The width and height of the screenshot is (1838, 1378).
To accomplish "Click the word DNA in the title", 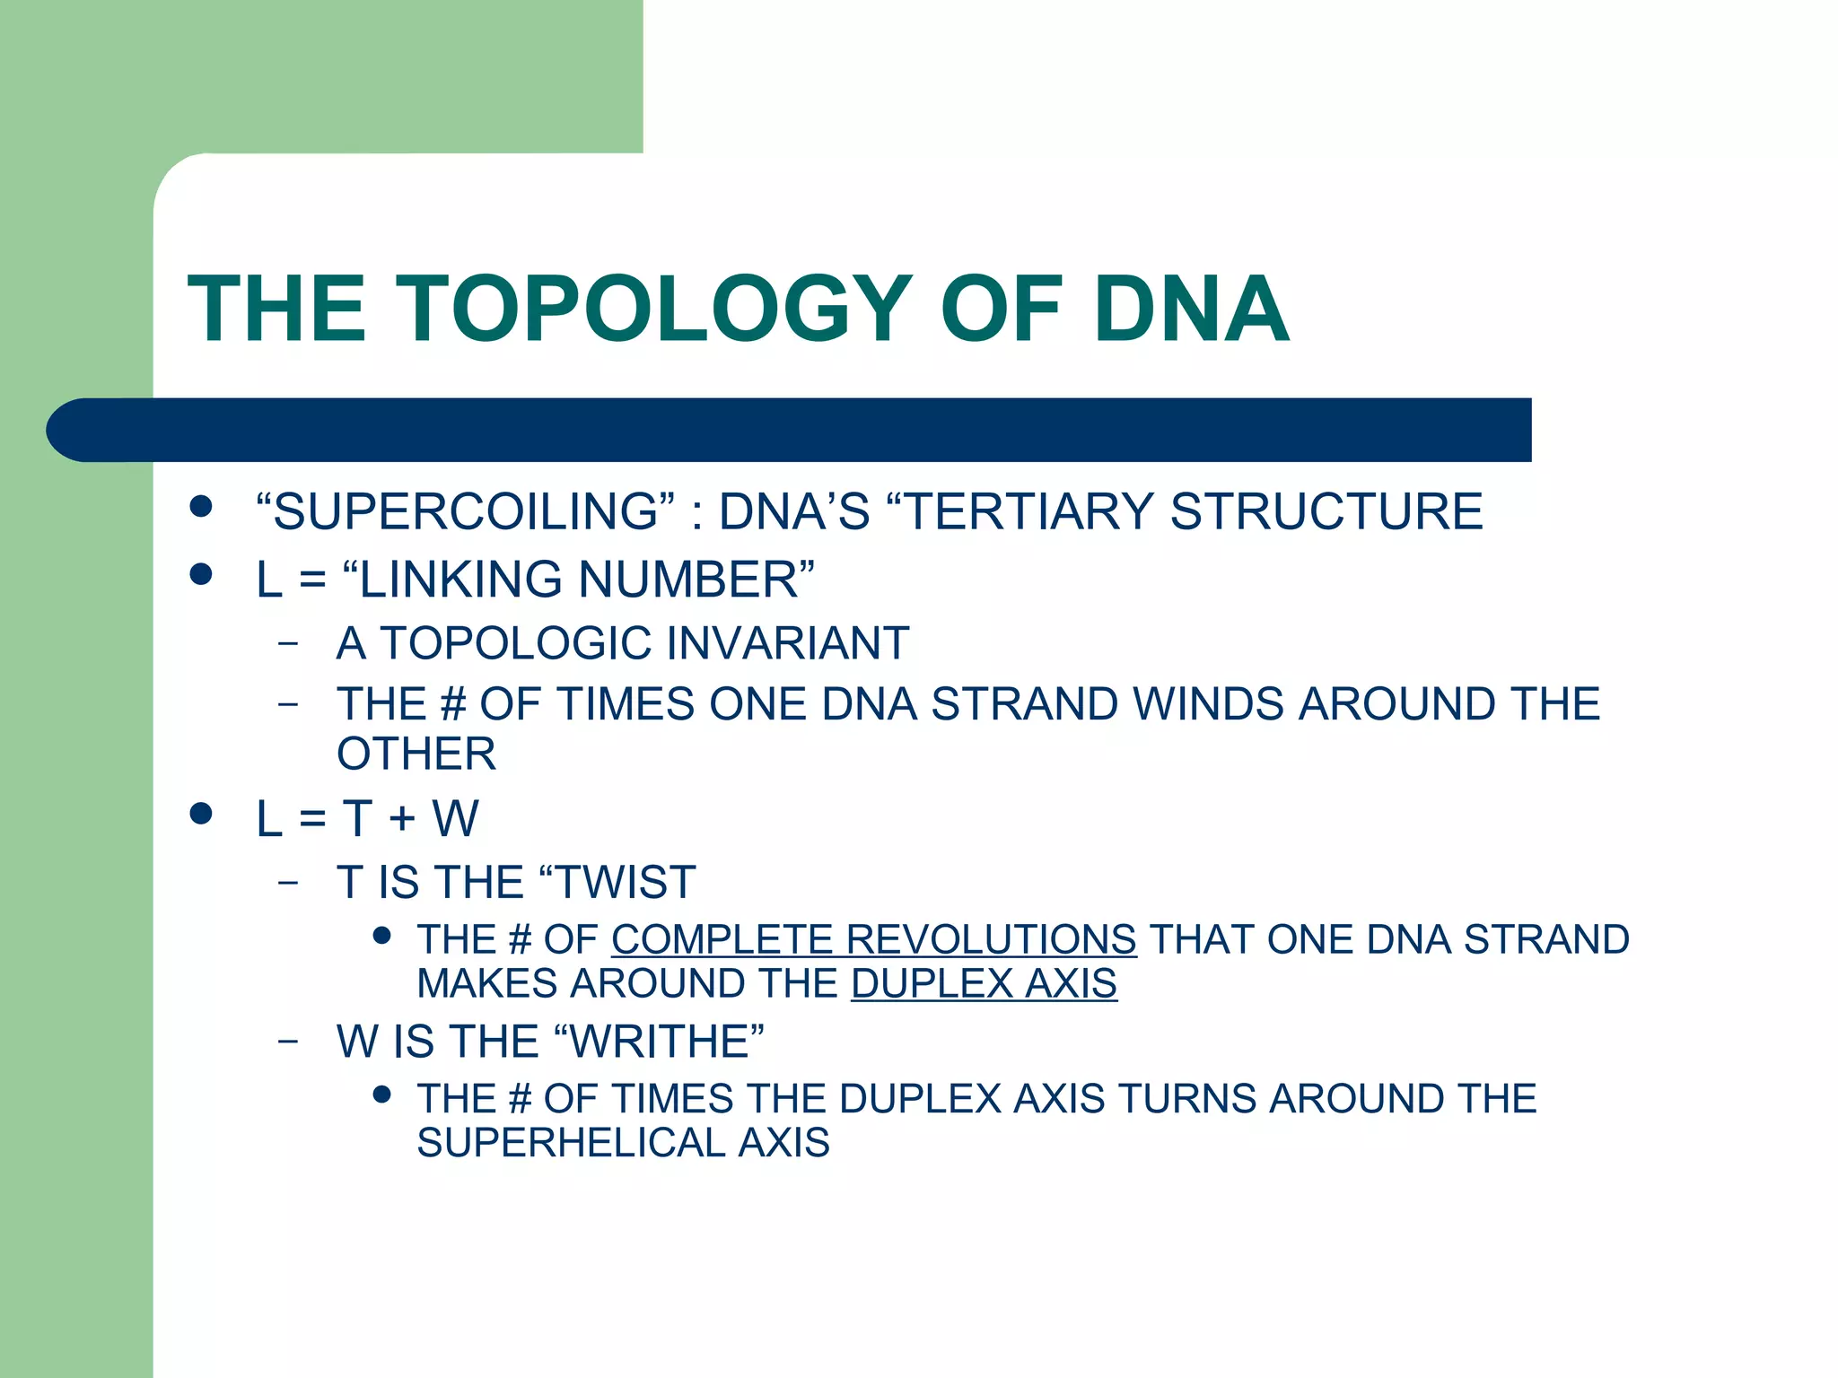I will (1191, 310).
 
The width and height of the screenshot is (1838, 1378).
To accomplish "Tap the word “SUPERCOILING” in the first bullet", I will (465, 511).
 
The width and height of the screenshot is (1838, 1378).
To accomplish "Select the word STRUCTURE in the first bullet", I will (1326, 511).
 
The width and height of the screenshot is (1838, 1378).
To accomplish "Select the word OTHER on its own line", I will (416, 754).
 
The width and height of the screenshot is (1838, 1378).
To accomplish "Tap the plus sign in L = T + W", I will (401, 819).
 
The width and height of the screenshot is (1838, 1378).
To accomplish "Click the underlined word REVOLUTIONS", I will (991, 940).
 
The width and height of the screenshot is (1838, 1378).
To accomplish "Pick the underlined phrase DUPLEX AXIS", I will (984, 984).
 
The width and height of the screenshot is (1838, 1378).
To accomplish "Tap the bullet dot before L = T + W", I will (201, 814).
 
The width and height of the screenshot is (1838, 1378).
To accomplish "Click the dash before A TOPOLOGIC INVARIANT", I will (287, 643).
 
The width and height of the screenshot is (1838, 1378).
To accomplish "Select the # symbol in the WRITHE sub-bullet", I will (519, 1099).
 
